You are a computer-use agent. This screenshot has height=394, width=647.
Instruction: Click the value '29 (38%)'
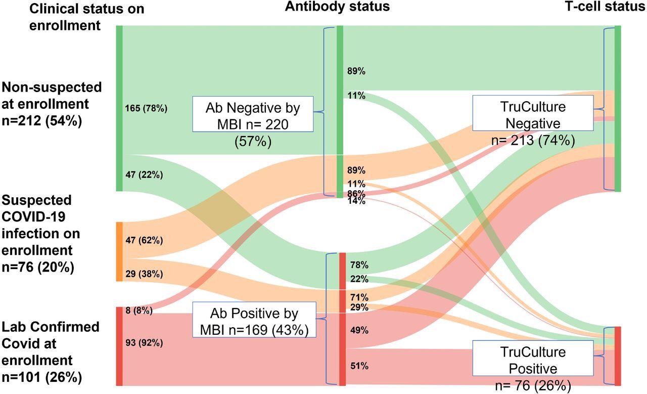tap(144, 274)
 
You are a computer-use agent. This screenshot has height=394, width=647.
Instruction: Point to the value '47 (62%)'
tap(144, 239)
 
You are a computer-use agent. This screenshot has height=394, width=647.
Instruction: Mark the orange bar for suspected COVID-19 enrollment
tap(119, 251)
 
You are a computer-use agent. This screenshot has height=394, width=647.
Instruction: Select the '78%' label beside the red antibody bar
tap(359, 265)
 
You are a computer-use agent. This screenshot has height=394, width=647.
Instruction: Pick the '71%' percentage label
tap(359, 297)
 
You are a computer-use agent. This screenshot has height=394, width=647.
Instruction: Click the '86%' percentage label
tap(356, 194)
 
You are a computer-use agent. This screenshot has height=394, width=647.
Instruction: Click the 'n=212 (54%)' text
tap(42, 121)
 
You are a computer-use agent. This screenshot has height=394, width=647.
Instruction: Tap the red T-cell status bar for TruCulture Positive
tap(617, 356)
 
